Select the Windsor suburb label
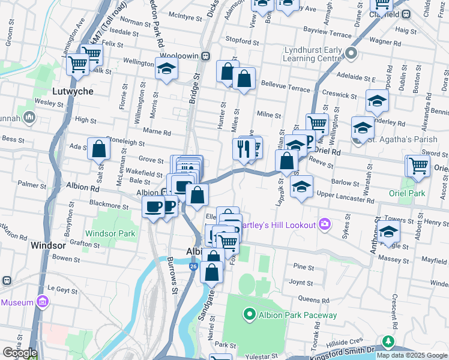(47, 246)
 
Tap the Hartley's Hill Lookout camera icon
(325, 224)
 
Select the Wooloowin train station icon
(206, 56)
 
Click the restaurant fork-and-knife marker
(243, 150)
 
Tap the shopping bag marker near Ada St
(98, 149)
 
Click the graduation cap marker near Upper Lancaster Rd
(301, 187)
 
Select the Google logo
(20, 353)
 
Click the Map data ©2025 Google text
(412, 355)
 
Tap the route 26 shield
(193, 265)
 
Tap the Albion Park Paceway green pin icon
(249, 314)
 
